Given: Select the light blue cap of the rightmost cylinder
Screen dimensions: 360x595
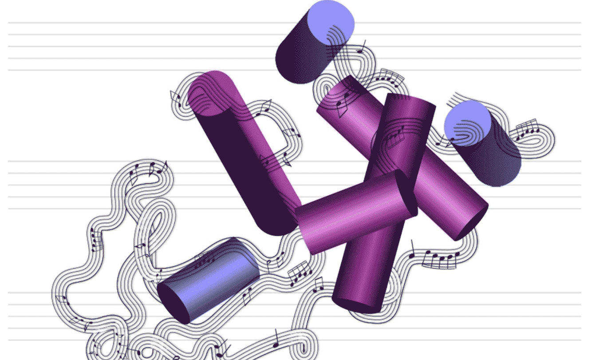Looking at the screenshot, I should pos(467,123).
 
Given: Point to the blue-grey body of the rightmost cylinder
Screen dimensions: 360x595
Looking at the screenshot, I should pos(497,164).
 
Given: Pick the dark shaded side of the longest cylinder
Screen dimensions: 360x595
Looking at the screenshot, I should pos(248,178).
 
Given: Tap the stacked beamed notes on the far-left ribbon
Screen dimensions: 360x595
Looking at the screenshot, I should pos(96,240).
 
